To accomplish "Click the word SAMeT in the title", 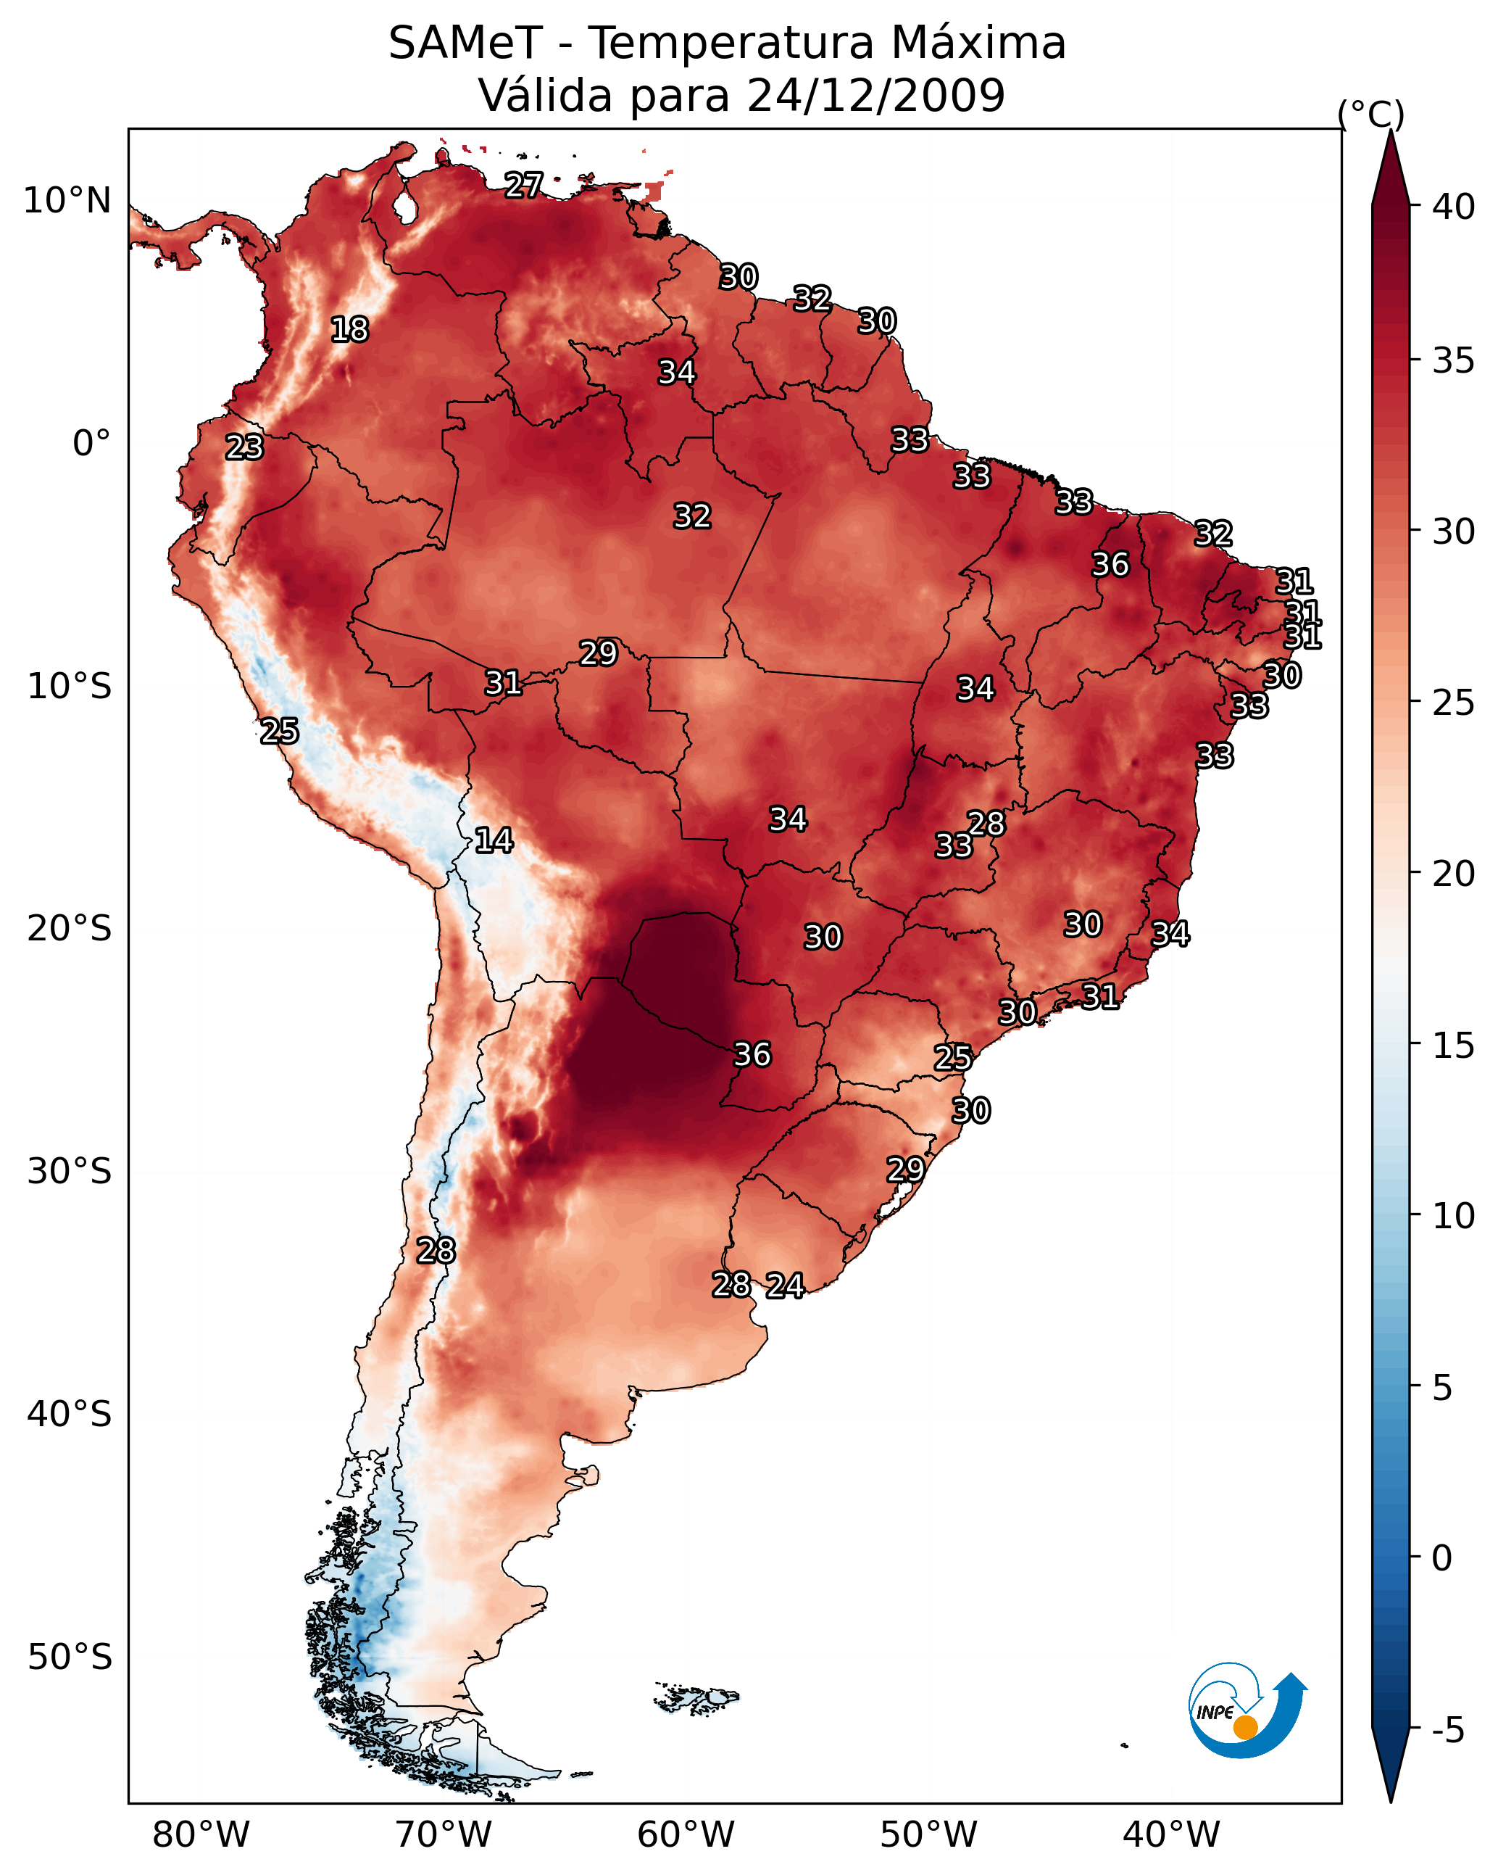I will pyautogui.click(x=465, y=44).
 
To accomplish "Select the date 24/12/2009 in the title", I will pyautogui.click(x=875, y=96).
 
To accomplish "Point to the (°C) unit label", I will pyautogui.click(x=1370, y=114).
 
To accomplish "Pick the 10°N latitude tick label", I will pyautogui.click(x=67, y=201).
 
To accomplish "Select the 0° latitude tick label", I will pyautogui.click(x=91, y=444).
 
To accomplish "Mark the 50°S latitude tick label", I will pyautogui.click(x=69, y=1657).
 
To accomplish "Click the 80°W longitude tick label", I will pyautogui.click(x=201, y=1836).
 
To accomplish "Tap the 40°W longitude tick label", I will pyautogui.click(x=1171, y=1836).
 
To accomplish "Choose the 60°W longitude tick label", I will pyautogui.click(x=686, y=1836).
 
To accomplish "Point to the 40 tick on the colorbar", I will pyautogui.click(x=1454, y=207).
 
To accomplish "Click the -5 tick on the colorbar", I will pyautogui.click(x=1447, y=1731).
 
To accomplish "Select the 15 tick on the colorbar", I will pyautogui.click(x=1454, y=1046).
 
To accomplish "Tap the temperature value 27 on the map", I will pyautogui.click(x=524, y=185).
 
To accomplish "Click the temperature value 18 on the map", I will pyautogui.click(x=349, y=330).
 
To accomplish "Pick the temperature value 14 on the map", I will pyautogui.click(x=494, y=840).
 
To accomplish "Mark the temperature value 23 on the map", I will pyautogui.click(x=244, y=447).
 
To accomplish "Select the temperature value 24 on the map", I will pyautogui.click(x=785, y=1286).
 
